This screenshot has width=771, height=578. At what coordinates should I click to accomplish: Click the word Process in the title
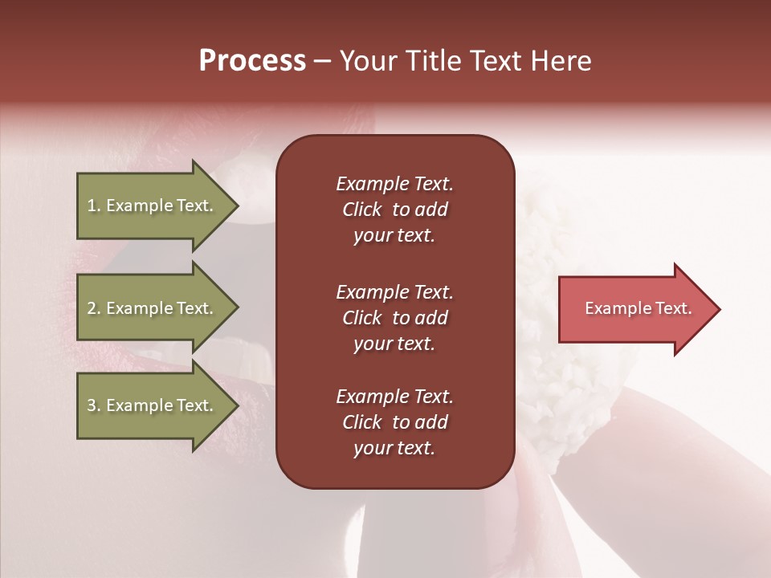point(252,61)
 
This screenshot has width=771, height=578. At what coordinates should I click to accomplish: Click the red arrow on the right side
point(634,309)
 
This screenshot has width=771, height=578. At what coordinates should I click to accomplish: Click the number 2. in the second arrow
point(94,308)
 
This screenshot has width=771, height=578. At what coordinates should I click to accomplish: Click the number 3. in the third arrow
point(94,405)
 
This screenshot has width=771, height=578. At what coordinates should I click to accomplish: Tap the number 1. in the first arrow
point(93,206)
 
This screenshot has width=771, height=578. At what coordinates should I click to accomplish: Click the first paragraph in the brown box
point(394,210)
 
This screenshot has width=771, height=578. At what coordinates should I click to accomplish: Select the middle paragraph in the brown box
point(394,317)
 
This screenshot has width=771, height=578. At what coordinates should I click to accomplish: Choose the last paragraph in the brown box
point(394,422)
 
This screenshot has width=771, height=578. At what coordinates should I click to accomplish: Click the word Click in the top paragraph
point(361,210)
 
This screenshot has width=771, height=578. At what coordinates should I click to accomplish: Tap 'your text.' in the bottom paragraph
point(394,448)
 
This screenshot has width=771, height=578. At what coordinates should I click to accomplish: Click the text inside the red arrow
point(638,308)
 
